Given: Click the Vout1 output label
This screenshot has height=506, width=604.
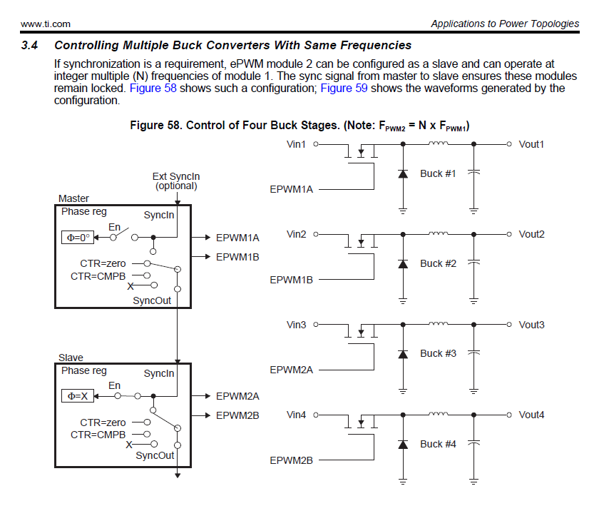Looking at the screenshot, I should click(x=531, y=144).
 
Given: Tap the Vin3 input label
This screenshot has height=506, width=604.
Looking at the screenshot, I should click(x=297, y=325).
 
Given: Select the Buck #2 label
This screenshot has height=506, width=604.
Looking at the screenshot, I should click(x=438, y=263).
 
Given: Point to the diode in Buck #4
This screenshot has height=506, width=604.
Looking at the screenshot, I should click(x=403, y=444).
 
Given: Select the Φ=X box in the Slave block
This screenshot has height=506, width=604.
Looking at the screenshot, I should click(x=76, y=397).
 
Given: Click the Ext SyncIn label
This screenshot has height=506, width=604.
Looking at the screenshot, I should click(x=176, y=176).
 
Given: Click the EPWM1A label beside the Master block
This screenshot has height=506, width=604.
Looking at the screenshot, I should click(x=237, y=237).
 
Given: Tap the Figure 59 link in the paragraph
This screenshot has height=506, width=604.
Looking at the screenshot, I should click(x=344, y=88).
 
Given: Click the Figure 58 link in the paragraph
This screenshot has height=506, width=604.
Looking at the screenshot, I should click(x=153, y=88).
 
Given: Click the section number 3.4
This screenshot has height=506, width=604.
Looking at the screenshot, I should click(x=29, y=46).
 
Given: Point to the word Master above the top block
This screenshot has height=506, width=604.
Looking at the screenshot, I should click(x=74, y=198).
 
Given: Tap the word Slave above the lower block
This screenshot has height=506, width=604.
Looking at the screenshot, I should click(x=71, y=358).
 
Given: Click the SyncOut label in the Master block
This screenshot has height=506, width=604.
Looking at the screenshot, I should click(x=152, y=300).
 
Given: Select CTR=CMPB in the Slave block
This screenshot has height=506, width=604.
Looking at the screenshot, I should click(x=98, y=435).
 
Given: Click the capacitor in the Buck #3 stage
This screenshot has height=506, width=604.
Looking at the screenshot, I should click(x=474, y=353).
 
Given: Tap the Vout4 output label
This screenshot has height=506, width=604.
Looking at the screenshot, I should click(x=531, y=415).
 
